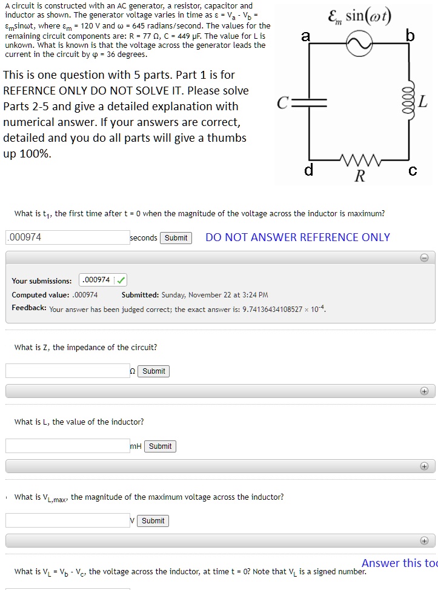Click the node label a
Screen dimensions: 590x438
(x=305, y=36)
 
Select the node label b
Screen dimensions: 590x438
(x=410, y=36)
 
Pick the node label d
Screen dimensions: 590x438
(x=308, y=171)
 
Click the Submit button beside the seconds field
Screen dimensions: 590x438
(x=176, y=237)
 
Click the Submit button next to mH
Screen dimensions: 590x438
(x=160, y=446)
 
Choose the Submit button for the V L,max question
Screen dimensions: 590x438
(x=153, y=520)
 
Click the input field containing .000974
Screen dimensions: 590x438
(x=67, y=237)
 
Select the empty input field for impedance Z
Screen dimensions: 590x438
(x=67, y=371)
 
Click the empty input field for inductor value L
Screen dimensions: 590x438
(x=67, y=446)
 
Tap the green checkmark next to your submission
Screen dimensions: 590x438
(x=121, y=280)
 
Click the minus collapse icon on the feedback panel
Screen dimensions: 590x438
(x=424, y=258)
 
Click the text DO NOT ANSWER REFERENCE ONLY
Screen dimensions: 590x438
(x=297, y=237)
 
